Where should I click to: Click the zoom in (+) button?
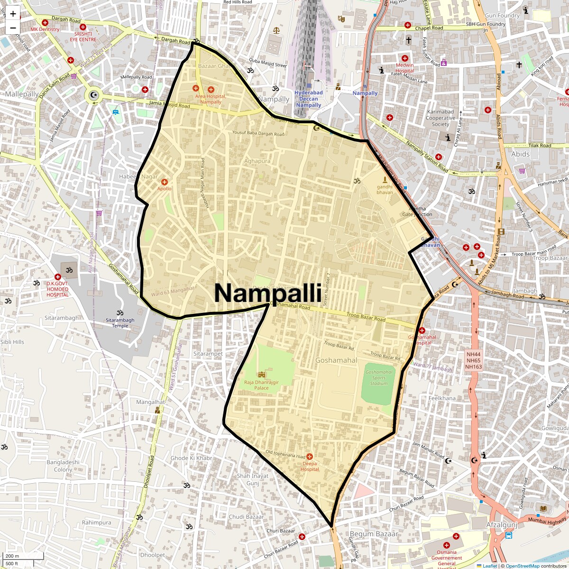click(13, 14)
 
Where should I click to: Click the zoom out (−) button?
click(13, 28)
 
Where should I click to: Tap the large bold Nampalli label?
click(268, 293)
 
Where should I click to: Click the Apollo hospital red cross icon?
click(165, 182)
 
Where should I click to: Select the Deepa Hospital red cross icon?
click(310, 456)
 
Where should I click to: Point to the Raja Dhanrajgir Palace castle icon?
click(261, 375)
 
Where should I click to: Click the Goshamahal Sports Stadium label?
click(379, 378)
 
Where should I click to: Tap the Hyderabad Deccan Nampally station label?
click(308, 99)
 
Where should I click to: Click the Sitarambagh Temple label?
click(120, 323)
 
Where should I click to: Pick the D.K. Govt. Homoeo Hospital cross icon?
click(57, 277)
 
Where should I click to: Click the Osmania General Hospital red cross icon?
click(456, 537)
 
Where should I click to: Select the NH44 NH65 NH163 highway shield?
click(473, 360)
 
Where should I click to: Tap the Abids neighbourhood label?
click(520, 154)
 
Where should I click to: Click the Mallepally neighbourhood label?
click(22, 94)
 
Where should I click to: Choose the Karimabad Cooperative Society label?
click(441, 118)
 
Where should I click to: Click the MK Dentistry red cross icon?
click(45, 23)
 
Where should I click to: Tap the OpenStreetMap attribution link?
click(523, 566)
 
